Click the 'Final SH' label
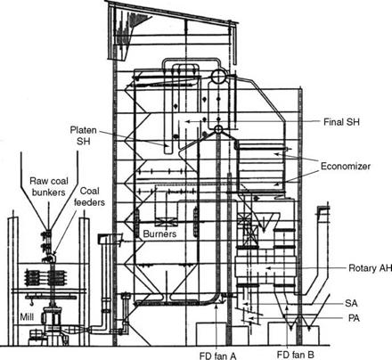[x=341, y=122]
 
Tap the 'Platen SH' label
[x=84, y=135]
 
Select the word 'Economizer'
[x=346, y=166]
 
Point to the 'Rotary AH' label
[x=370, y=268]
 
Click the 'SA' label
[x=351, y=303]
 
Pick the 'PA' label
[x=354, y=318]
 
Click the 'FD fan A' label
[x=218, y=356]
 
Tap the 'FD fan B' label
[x=295, y=355]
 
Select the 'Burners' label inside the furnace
[x=159, y=233]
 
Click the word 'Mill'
[x=27, y=317]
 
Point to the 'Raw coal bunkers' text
[x=49, y=186]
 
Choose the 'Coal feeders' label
[x=89, y=196]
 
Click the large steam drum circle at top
[x=218, y=77]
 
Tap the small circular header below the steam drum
[x=218, y=129]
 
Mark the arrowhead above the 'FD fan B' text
[x=287, y=315]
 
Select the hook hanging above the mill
[x=31, y=303]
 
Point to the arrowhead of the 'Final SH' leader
[x=186, y=121]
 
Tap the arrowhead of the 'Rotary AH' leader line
[x=266, y=268]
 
